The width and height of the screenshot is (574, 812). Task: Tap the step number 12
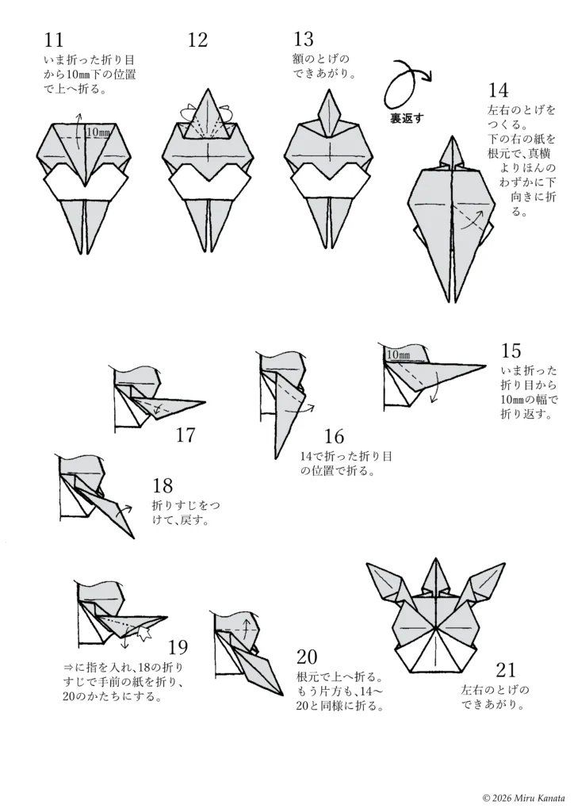pos(197,40)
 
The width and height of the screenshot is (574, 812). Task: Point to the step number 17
pos(185,435)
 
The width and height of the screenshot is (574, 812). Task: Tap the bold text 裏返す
pos(407,119)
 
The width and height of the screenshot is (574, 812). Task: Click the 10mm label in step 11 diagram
pos(98,132)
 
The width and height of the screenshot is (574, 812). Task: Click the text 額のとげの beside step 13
pos(320,59)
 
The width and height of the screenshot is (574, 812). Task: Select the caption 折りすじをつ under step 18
pos(183,505)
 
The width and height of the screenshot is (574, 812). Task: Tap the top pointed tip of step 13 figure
pos(329,93)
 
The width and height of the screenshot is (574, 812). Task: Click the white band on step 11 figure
pos(85,185)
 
